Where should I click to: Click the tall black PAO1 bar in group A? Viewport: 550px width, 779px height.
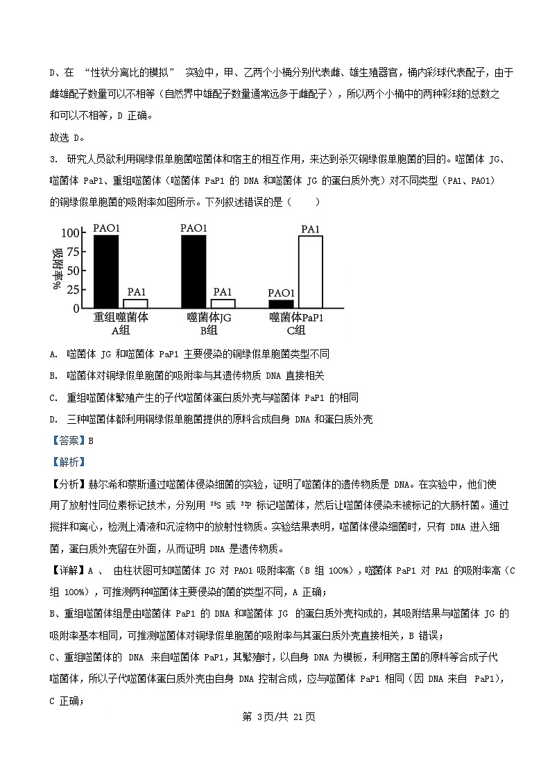coord(106,271)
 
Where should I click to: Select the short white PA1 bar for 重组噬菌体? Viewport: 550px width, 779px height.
coord(135,303)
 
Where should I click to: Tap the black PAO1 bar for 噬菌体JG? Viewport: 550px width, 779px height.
coord(194,271)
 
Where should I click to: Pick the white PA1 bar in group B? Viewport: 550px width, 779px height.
coord(223,303)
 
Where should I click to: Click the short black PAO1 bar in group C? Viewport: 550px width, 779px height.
coord(281,304)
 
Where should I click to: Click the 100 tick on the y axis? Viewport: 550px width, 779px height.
coord(71,233)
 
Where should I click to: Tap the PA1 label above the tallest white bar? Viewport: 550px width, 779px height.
coord(310,229)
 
